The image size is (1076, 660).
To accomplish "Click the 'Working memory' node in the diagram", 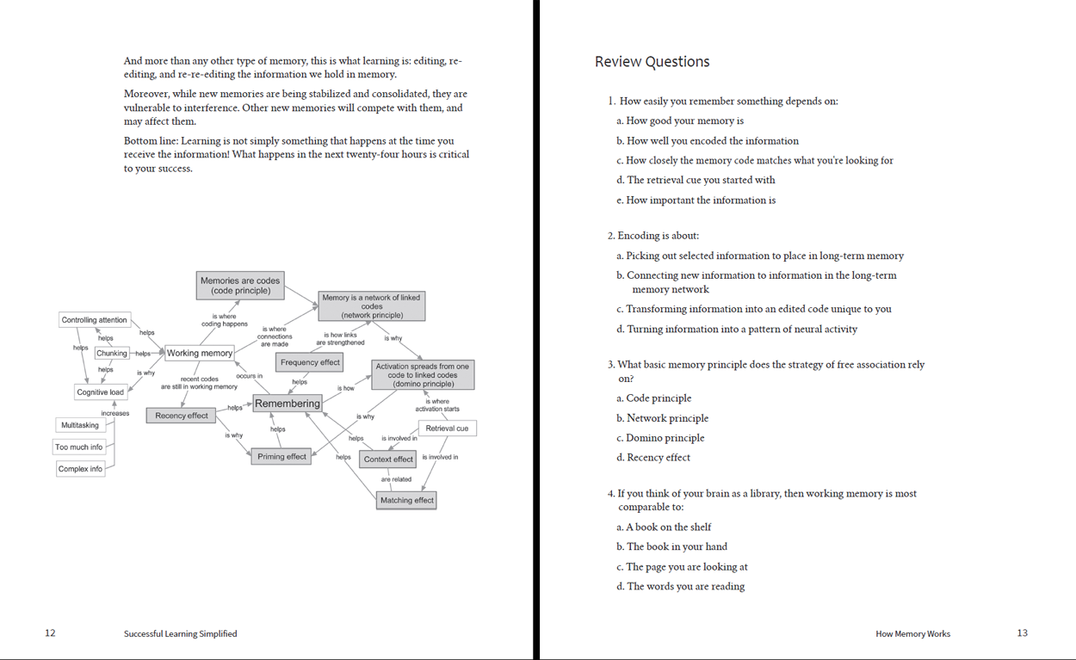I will click(200, 353).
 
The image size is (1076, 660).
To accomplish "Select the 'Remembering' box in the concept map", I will click(288, 403).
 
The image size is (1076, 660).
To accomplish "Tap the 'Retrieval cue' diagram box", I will click(447, 428).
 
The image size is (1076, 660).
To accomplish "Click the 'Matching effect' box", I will click(407, 500).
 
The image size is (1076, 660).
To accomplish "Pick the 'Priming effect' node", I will click(282, 456).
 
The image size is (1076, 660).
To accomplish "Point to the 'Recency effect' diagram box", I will click(181, 416).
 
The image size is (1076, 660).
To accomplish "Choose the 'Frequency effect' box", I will click(310, 362).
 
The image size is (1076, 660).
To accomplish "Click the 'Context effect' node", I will click(388, 459).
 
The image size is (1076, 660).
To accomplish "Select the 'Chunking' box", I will click(112, 353).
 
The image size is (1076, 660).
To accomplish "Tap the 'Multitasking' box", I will click(80, 425).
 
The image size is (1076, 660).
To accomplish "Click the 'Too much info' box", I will click(78, 447).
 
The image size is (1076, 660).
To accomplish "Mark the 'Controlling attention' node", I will click(94, 320).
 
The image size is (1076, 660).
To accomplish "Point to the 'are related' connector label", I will click(396, 479).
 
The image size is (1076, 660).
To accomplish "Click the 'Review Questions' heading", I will click(652, 62).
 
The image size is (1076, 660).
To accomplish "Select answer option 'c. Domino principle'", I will click(660, 438).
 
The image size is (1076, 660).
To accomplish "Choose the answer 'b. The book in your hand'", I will click(677, 546).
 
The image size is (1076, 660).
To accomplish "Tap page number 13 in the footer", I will click(1022, 633).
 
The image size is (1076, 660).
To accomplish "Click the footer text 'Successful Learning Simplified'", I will click(180, 633).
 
